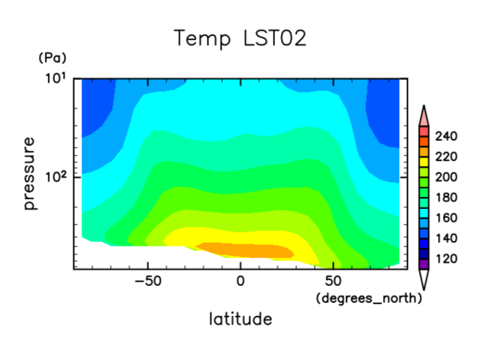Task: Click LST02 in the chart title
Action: tap(269, 38)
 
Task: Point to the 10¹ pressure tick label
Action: tap(59, 78)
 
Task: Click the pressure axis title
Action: tap(30, 173)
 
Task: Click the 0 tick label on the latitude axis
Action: tap(240, 282)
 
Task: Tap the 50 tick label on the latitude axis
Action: tap(333, 282)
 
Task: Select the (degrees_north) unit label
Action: tap(369, 298)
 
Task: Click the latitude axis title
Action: tap(240, 319)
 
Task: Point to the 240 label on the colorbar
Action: tap(445, 136)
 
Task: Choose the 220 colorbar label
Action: tap(445, 157)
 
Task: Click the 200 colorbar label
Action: tap(445, 177)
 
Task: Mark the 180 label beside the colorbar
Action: tap(445, 198)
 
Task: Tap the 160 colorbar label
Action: tap(445, 218)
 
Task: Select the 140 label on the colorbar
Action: tap(445, 238)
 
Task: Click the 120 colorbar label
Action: tap(445, 259)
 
